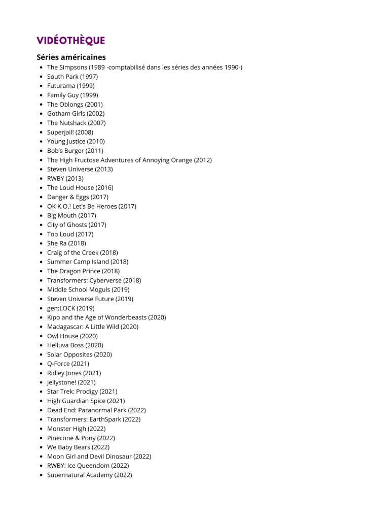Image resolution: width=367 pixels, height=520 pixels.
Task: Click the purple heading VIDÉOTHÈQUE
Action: pyautogui.click(x=70, y=41)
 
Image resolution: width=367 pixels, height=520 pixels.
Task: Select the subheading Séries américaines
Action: pyautogui.click(x=71, y=57)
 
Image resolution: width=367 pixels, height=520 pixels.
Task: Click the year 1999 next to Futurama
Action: pyautogui.click(x=86, y=86)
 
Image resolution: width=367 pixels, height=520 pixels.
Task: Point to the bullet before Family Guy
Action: pyautogui.click(x=41, y=95)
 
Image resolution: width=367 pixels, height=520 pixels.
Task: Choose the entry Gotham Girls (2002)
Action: pyautogui.click(x=76, y=114)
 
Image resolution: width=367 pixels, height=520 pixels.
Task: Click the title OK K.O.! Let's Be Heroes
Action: pyautogui.click(x=82, y=206)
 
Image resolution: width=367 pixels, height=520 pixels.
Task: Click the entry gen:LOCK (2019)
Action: pyautogui.click(x=70, y=308)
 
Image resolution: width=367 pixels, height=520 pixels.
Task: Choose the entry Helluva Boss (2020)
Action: pyautogui.click(x=75, y=345)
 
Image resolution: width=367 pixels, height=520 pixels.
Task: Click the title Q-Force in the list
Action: pyautogui.click(x=58, y=364)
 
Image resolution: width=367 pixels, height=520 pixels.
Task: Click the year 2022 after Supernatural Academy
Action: pyautogui.click(x=123, y=475)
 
